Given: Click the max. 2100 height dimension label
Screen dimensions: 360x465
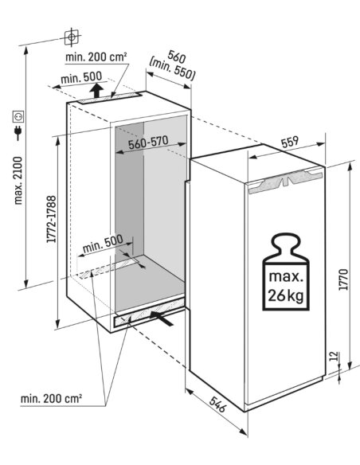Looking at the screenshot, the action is coord(18,181).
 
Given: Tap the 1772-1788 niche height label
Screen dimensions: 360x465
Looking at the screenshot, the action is coord(51,219).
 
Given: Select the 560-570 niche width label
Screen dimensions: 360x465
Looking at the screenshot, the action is coord(148,143).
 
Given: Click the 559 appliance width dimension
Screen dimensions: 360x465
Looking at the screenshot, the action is coord(290,143).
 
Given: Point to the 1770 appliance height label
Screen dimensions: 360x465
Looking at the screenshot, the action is coord(343,279).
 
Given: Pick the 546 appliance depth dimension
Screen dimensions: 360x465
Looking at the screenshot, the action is coord(217,404).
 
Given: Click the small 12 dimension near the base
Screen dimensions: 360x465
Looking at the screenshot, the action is coord(334,356).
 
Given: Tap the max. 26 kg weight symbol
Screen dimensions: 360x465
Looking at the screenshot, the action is coord(286,272).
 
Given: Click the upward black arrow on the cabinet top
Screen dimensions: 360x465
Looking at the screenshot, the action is coord(96,91).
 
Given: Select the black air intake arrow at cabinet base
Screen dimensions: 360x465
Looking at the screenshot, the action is coord(162,318).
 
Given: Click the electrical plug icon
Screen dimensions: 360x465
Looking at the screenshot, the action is coord(18,132).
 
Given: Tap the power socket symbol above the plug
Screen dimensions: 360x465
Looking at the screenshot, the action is coord(18,117).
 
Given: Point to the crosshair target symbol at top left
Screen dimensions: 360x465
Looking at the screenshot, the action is coord(72,37).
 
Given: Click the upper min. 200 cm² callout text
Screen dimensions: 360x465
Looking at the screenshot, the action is coord(96,57).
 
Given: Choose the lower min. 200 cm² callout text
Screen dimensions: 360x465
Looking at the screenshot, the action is coord(51,398).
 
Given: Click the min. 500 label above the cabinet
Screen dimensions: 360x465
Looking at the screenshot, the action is coord(81,78).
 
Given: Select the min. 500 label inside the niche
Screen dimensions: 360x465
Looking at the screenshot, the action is coord(103,244).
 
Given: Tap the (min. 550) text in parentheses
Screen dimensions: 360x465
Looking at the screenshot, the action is coord(172,71).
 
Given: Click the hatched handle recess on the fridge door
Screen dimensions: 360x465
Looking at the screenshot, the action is coord(285,182).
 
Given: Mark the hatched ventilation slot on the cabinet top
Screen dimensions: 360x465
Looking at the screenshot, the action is coord(110,98).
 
